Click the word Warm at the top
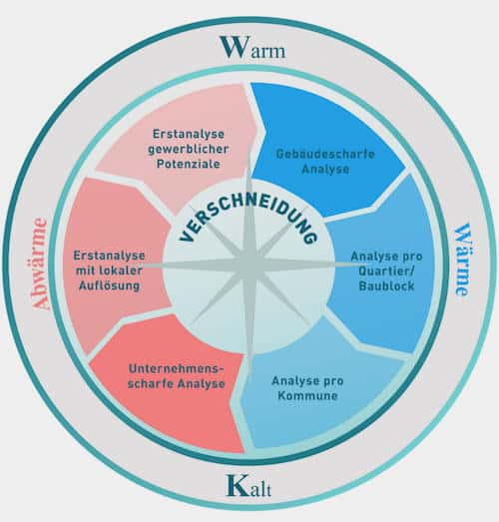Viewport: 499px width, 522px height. pos(252,47)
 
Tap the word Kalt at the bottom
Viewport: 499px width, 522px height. pos(249,486)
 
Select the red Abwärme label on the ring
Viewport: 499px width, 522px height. pos(39,264)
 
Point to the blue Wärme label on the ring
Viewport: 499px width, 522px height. pos(463,260)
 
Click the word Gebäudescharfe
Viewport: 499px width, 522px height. pos(325,154)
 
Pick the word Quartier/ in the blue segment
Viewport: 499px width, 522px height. pos(386,271)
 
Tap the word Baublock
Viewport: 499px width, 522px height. pos(386,285)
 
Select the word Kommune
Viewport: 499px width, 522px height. pos(308,396)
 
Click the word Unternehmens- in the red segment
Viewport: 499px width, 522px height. pos(176,369)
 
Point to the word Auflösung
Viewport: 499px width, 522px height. pos(109,286)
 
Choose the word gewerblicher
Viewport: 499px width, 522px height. pos(189,149)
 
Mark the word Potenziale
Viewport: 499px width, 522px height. pos(189,164)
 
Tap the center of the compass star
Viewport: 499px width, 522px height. pos(249,265)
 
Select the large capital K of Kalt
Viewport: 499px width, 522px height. pos(236,485)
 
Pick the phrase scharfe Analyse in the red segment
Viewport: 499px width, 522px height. pos(176,383)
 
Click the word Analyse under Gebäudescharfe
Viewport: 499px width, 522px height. pos(325,169)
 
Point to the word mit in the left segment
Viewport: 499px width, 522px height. pos(84,270)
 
